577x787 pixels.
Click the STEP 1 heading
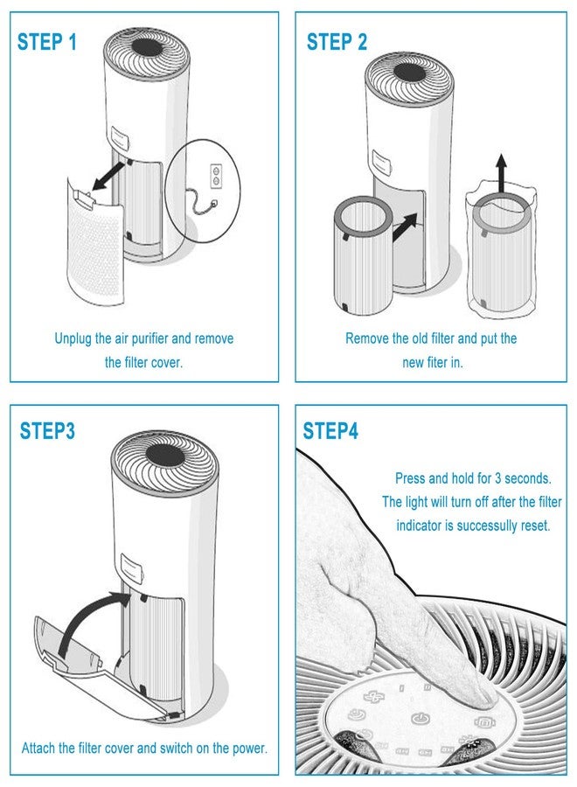click(52, 42)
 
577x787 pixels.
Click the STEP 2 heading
click(337, 42)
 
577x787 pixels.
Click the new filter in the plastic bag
click(500, 254)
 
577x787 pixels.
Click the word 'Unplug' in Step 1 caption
click(74, 338)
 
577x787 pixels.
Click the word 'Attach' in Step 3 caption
click(39, 749)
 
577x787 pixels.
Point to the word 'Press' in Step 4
click(411, 479)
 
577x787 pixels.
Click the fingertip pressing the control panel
click(479, 695)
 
